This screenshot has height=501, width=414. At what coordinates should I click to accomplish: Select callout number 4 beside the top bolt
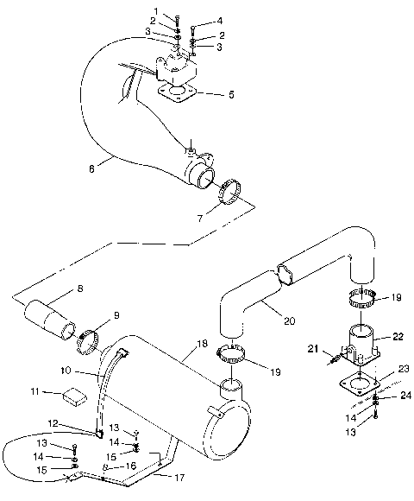(x=220, y=20)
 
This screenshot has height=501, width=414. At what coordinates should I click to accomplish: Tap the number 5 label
(x=230, y=96)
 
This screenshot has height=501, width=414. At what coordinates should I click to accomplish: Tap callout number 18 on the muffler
(x=201, y=344)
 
